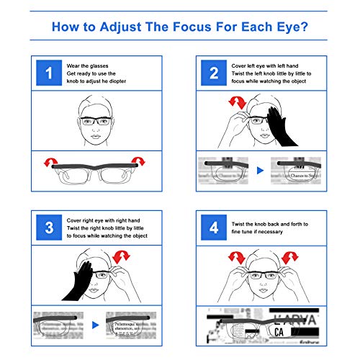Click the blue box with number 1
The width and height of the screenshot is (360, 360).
(48, 73)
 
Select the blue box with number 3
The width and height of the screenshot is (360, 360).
(48, 229)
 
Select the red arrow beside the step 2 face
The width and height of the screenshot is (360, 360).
(233, 104)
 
